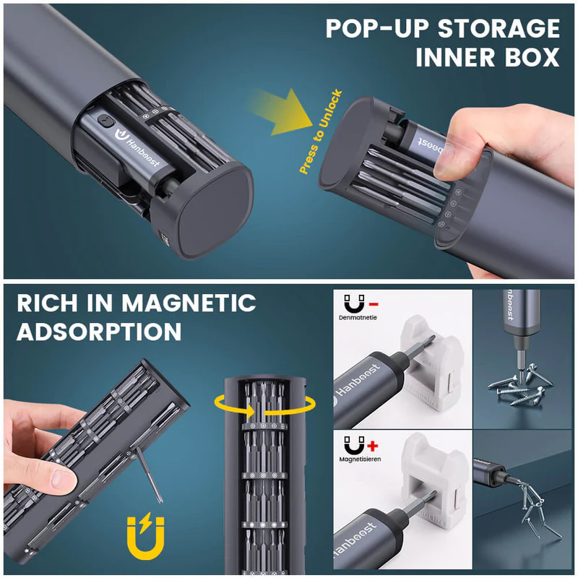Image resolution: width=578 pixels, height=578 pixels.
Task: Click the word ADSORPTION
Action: [99, 332]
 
